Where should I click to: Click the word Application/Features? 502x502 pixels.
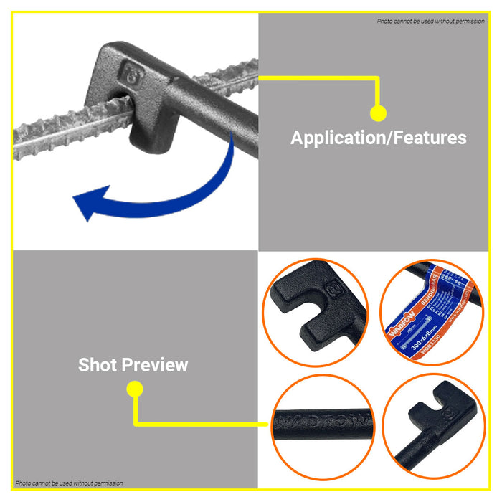click(378, 138)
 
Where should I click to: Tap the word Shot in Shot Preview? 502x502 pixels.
click(101, 365)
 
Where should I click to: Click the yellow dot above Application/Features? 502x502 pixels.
click(378, 113)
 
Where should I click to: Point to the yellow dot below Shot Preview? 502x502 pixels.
click(134, 389)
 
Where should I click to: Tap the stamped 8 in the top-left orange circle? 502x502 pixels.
click(332, 291)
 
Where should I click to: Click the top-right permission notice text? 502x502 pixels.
click(431, 21)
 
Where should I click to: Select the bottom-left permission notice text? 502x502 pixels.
click(69, 483)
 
